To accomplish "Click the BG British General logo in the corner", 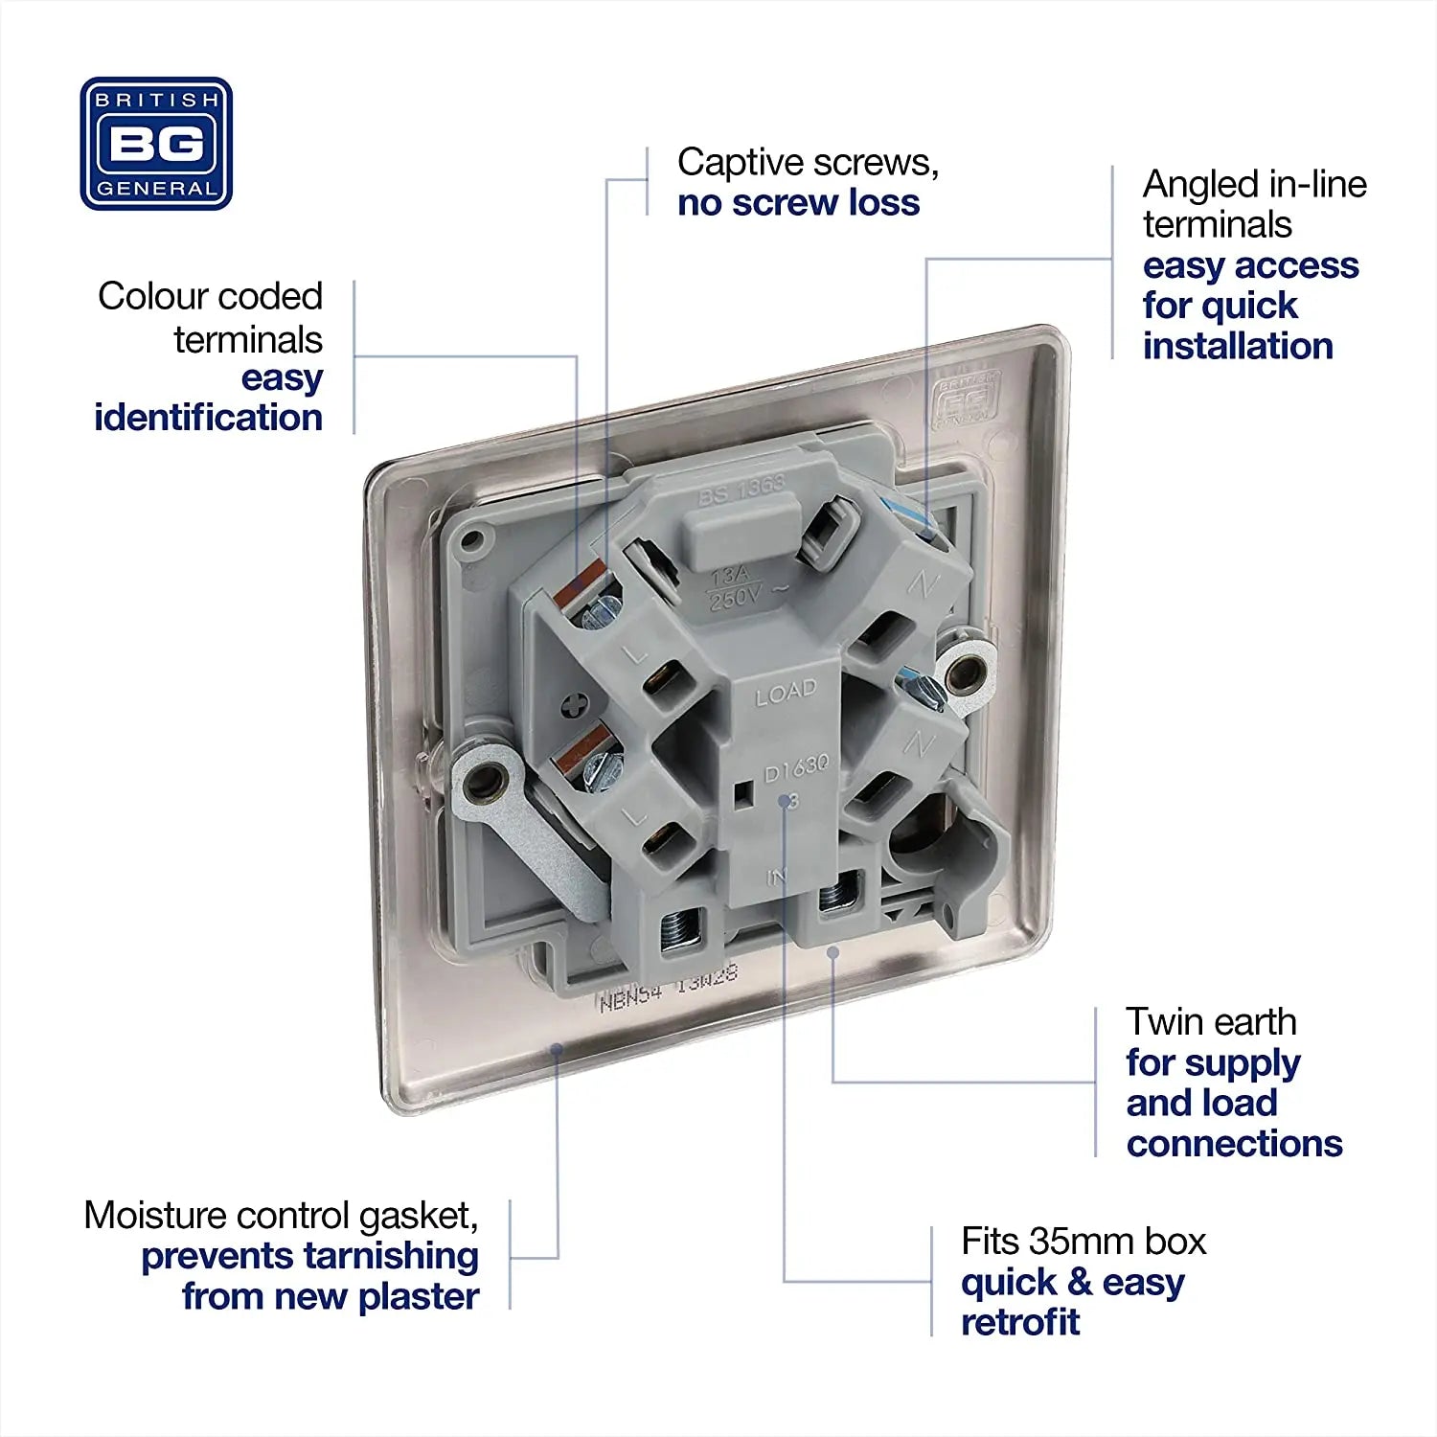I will coord(156,144).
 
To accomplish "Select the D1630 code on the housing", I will coord(796,767).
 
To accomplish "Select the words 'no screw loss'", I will coord(798,203).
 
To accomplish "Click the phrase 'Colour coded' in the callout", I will coord(210,297).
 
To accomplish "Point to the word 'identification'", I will coord(208,418).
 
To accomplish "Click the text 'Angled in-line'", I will coord(1254,184).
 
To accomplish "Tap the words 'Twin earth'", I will coord(1211,1022).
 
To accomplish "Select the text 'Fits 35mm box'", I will coord(1083,1242).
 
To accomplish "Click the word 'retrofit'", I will coord(1020,1322).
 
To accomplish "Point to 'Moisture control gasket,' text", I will coord(281,1216).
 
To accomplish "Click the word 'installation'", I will coord(1238,346).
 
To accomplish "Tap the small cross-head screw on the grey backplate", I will coord(574,706).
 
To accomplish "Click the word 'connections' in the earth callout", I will coord(1234,1144).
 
